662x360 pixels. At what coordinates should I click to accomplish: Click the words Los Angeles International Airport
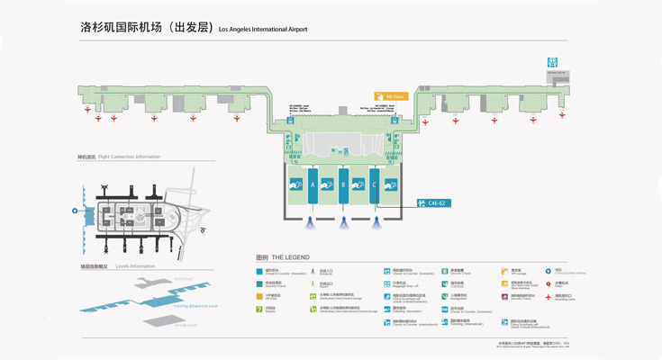coord(263,30)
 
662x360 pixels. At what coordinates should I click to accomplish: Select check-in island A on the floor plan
coord(313,186)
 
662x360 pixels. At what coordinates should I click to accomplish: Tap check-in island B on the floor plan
coord(343,186)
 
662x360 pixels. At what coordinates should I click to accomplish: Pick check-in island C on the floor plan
coord(374,186)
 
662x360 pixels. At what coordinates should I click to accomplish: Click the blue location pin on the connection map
coord(75,211)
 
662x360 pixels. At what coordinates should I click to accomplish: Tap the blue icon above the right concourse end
coord(553,62)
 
